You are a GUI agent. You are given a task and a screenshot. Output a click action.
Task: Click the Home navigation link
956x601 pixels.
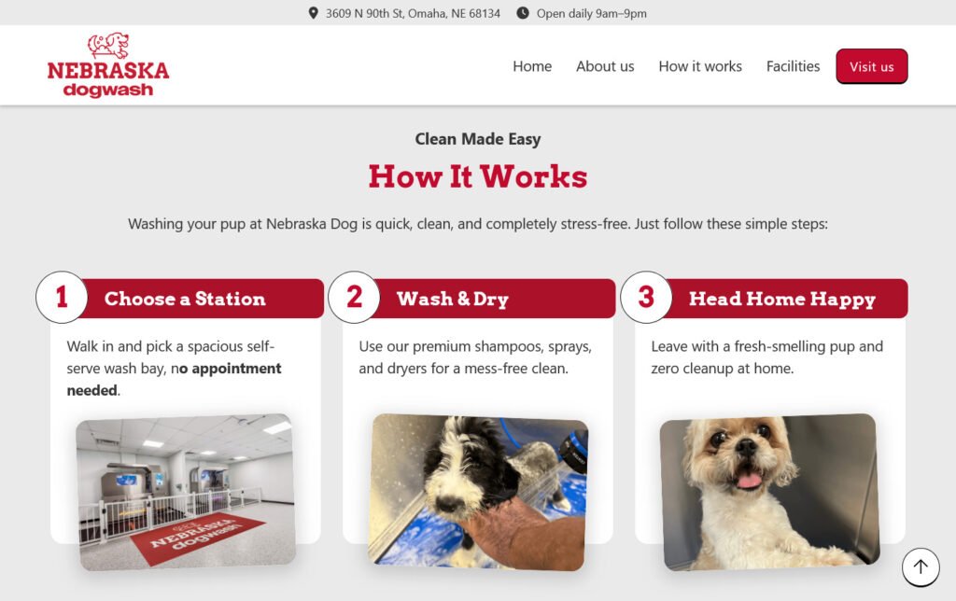(531, 66)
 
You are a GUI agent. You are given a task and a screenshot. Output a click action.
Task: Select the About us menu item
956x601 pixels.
(605, 66)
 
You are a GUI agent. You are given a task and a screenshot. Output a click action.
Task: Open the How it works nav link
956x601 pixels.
(700, 66)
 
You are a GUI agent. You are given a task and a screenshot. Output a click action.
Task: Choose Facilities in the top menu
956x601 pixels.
(793, 66)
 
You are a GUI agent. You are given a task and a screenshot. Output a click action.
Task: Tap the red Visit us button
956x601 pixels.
(871, 66)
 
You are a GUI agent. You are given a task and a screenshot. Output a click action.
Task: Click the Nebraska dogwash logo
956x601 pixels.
(108, 65)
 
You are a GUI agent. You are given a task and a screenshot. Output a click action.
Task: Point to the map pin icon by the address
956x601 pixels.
(314, 13)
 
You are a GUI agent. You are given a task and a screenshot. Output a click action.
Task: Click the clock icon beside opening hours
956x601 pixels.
(523, 13)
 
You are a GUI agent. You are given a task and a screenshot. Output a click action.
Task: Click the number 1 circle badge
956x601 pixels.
(62, 298)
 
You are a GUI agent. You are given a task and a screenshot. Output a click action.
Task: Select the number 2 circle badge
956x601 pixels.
(354, 298)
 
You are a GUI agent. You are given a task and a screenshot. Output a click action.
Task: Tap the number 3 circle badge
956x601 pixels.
(646, 298)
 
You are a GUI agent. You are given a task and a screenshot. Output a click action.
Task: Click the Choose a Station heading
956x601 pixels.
(185, 299)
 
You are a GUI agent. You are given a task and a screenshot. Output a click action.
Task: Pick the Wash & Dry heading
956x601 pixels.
(453, 299)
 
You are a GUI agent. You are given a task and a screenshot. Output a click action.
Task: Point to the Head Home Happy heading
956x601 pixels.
(782, 299)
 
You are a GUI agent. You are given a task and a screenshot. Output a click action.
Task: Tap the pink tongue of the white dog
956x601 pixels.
(750, 481)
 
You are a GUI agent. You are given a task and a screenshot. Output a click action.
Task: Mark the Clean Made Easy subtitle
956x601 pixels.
(478, 139)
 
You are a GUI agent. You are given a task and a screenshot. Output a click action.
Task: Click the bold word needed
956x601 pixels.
(92, 390)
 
